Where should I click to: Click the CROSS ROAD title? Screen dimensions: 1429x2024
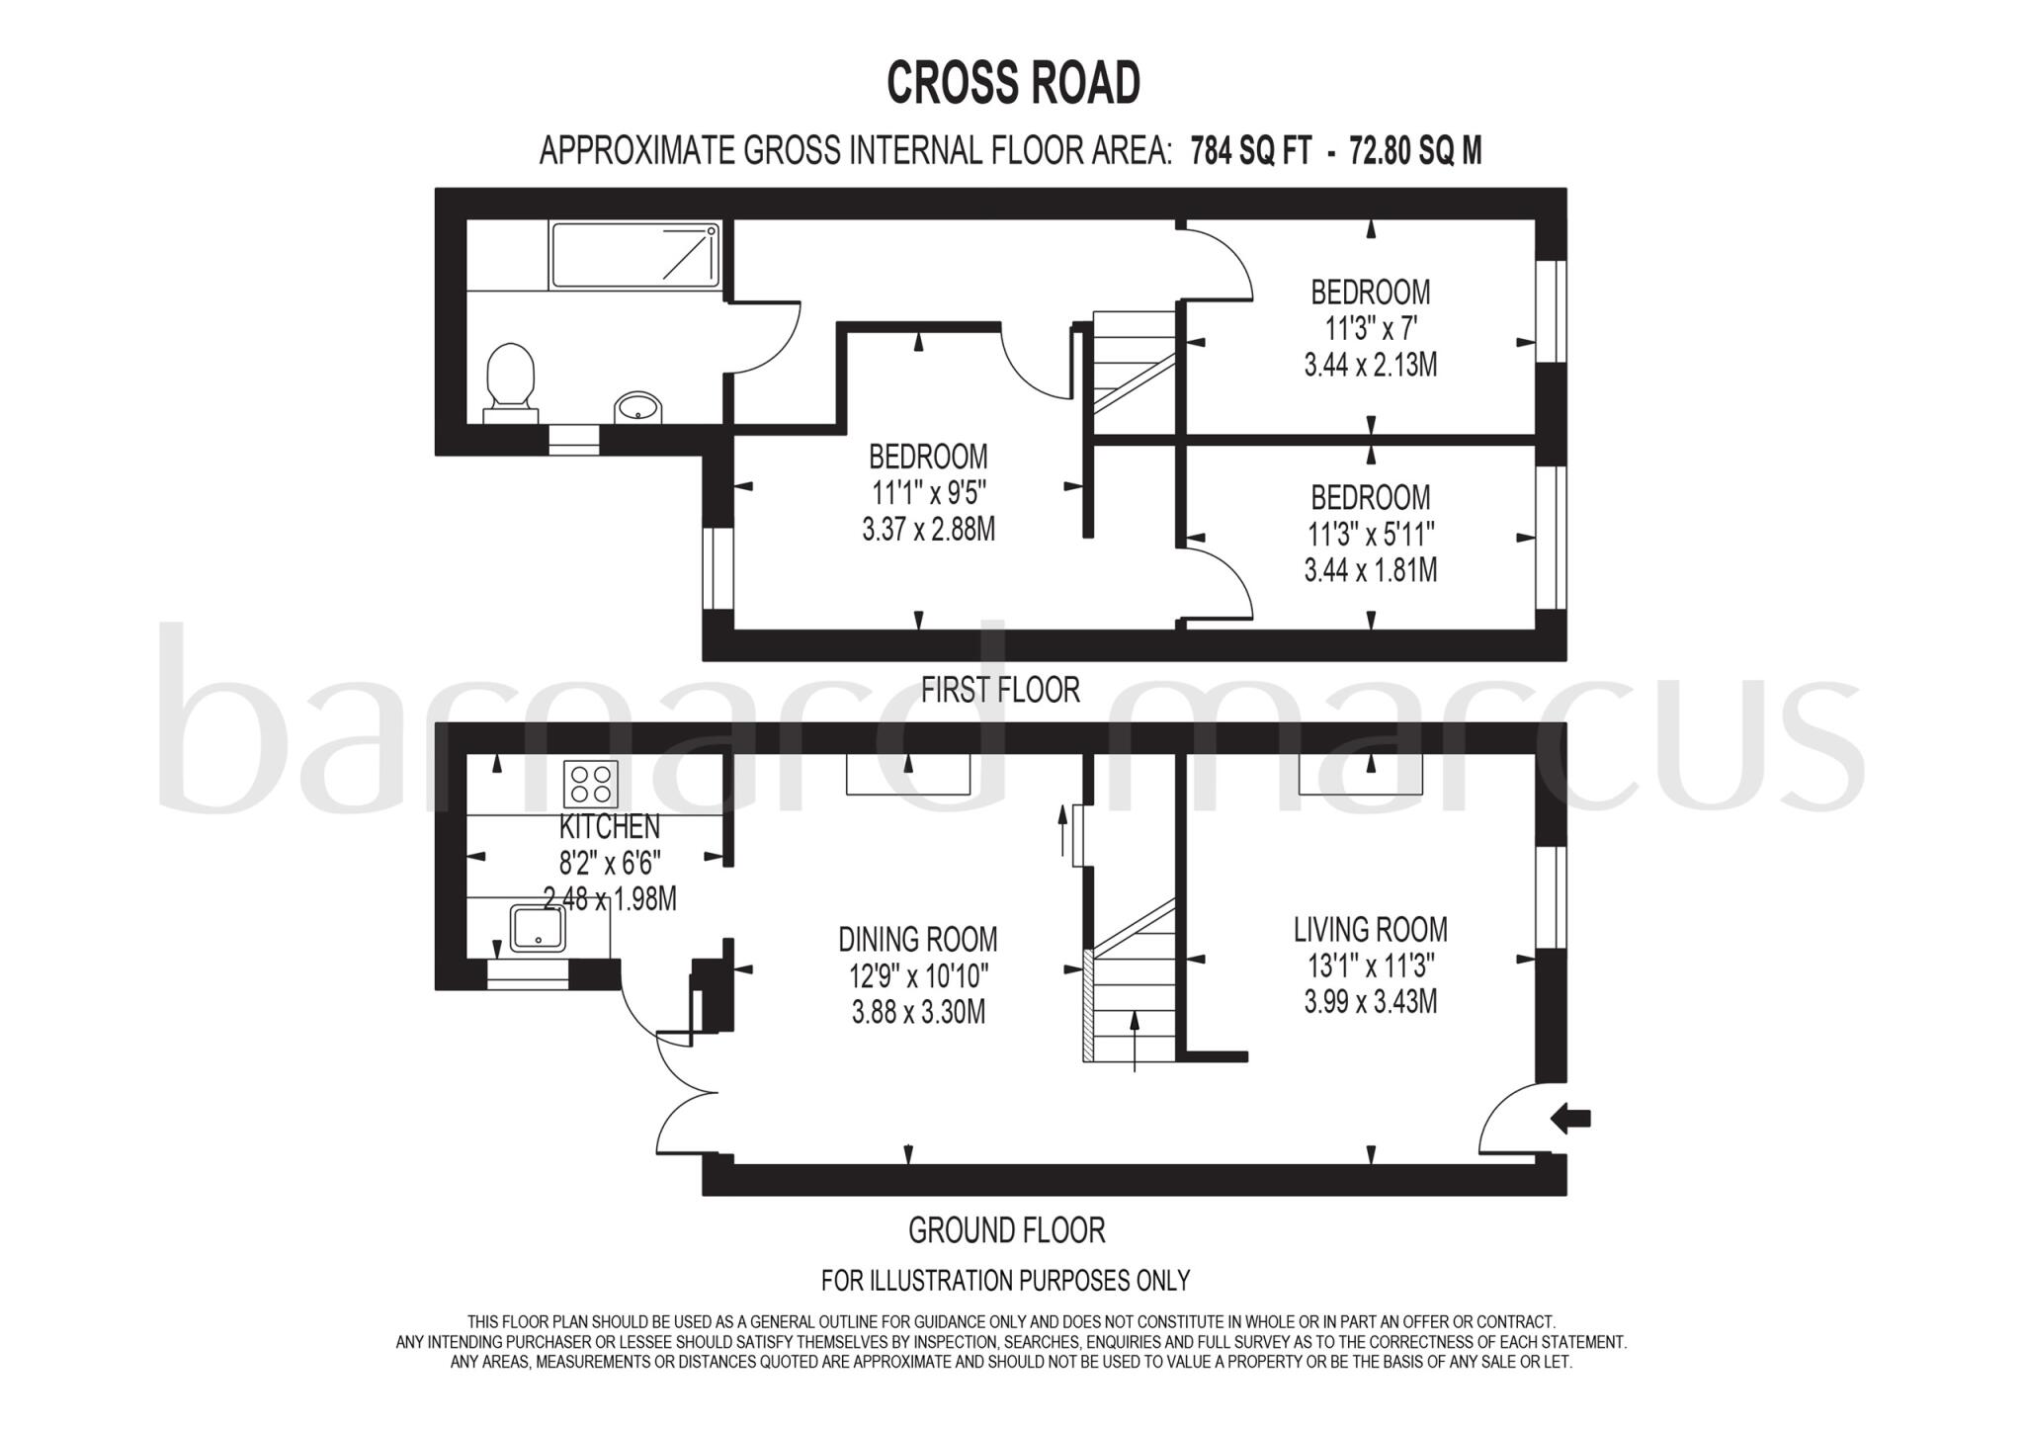click(1013, 83)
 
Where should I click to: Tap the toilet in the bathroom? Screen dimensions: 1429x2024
click(510, 379)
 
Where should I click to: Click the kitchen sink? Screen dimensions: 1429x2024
click(539, 928)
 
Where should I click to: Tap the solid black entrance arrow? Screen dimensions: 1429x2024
click(1570, 1119)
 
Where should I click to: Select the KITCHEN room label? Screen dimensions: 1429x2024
click(610, 826)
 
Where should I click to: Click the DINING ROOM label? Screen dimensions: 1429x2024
click(918, 939)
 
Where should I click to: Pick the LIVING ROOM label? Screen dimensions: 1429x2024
click(1371, 929)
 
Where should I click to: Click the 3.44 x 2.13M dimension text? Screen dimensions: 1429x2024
click(1371, 366)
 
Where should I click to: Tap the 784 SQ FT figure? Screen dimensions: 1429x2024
click(1251, 151)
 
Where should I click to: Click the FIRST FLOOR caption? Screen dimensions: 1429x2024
click(1000, 689)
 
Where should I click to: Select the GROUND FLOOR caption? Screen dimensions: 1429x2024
click(1006, 1230)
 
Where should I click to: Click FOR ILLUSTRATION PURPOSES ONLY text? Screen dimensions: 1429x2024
click(1005, 1281)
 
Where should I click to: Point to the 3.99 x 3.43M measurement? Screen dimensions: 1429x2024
click(1371, 1002)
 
